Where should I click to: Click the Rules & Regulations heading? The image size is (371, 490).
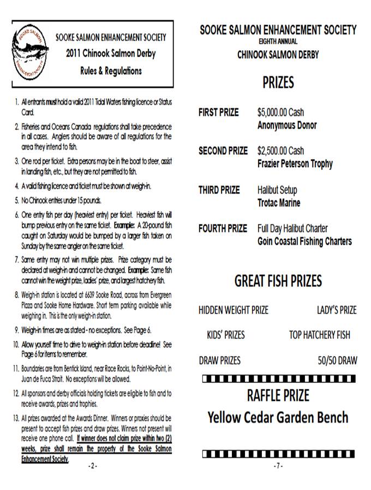click(x=111, y=71)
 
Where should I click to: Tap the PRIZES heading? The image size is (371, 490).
click(x=278, y=82)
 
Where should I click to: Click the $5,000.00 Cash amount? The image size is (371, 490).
click(x=280, y=113)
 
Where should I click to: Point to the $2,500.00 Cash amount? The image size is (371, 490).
click(x=280, y=151)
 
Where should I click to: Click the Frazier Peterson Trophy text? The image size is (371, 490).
click(x=295, y=163)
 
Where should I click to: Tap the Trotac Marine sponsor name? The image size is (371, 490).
click(x=279, y=203)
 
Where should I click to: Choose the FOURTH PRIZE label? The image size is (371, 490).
click(x=223, y=228)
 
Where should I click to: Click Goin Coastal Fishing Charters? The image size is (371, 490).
click(x=304, y=241)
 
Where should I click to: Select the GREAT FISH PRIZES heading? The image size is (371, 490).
click(x=278, y=281)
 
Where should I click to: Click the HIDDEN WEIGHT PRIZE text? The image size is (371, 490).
click(x=234, y=310)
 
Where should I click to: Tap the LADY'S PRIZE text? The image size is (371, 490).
click(x=337, y=310)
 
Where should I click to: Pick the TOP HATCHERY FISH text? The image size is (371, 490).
click(x=319, y=335)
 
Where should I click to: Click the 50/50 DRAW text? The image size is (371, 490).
click(x=337, y=360)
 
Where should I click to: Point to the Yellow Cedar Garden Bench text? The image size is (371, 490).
click(x=278, y=418)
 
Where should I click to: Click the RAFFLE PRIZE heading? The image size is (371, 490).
click(x=278, y=394)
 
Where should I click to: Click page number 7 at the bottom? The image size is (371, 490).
click(x=278, y=466)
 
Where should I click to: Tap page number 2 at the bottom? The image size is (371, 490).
click(x=92, y=466)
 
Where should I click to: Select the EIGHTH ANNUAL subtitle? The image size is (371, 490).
click(x=278, y=42)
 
